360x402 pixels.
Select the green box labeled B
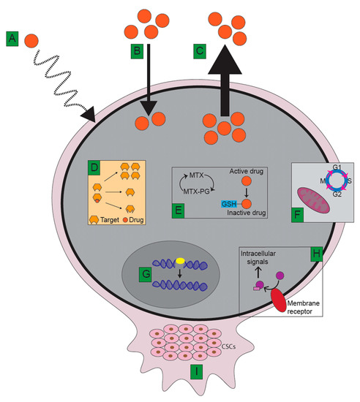click(136, 53)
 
